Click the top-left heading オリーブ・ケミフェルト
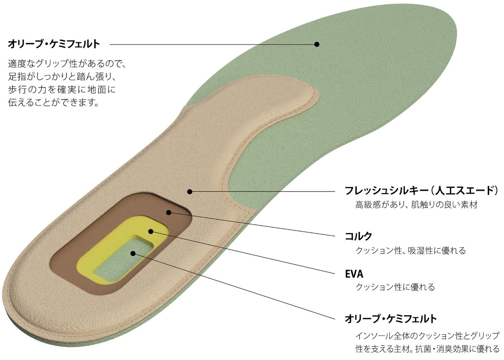pyautogui.click(x=54, y=44)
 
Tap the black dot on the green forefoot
pyautogui.click(x=317, y=44)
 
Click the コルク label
pyautogui.click(x=358, y=236)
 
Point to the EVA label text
pyautogui.click(x=354, y=274)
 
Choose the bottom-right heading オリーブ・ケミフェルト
pyautogui.click(x=391, y=318)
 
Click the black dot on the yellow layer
pyautogui.click(x=151, y=231)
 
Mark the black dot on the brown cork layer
pyautogui.click(x=169, y=212)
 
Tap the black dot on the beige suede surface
pyautogui.click(x=189, y=192)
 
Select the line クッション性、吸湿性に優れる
pyautogui.click(x=411, y=250)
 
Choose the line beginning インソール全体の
pyautogui.click(x=427, y=336)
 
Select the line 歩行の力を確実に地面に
pyautogui.click(x=62, y=90)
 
